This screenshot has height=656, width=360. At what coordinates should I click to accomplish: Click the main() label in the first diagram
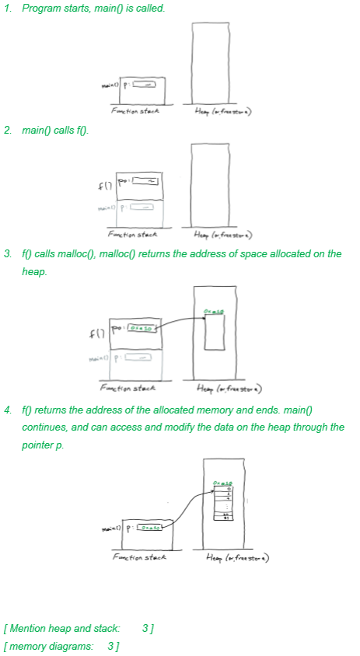click(x=110, y=85)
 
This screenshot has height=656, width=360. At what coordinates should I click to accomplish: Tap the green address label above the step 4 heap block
click(x=226, y=483)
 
